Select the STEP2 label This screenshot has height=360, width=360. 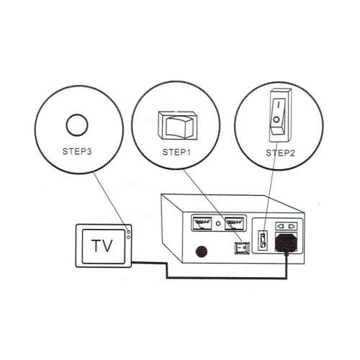pos(280,153)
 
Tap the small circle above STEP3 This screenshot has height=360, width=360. pos(76,125)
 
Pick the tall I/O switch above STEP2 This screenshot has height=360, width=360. pos(281,115)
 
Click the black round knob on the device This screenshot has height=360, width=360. pos(202,252)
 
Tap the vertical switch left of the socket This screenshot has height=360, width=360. pos(264,240)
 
